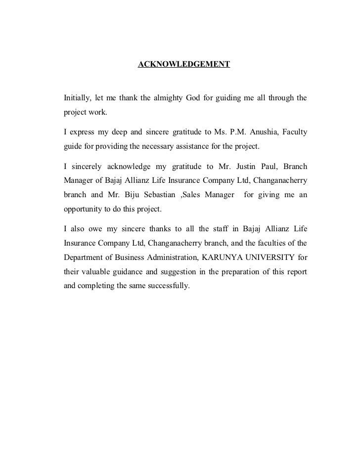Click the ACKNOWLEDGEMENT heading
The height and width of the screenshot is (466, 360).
pyautogui.click(x=183, y=65)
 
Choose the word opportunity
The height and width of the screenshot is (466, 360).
pyautogui.click(x=83, y=209)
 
